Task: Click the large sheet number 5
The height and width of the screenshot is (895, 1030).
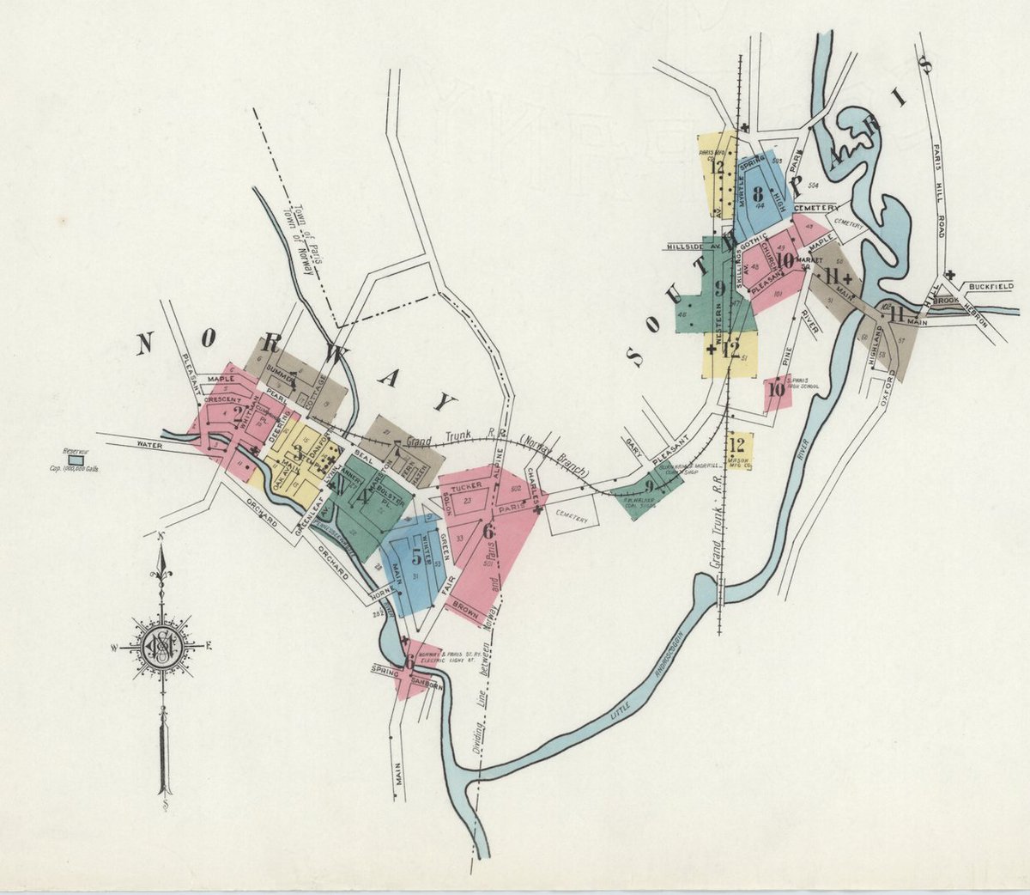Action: [x=416, y=556]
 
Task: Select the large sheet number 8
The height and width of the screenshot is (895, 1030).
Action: [x=757, y=193]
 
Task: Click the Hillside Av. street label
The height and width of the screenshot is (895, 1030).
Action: [x=690, y=247]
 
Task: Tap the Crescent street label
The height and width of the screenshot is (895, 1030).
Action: [x=222, y=399]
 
